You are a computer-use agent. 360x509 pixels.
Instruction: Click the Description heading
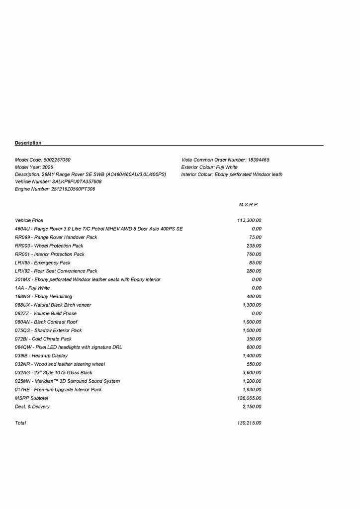(x=28, y=143)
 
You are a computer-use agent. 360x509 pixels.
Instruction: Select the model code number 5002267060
(x=57, y=160)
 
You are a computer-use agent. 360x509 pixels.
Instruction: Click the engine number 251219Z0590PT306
(x=73, y=189)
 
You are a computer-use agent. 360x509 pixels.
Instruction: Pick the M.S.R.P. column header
(x=249, y=205)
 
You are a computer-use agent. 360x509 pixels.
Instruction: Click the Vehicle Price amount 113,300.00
(x=249, y=220)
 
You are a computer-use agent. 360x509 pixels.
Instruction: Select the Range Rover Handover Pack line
(x=56, y=238)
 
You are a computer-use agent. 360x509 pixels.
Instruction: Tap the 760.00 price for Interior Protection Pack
(x=254, y=254)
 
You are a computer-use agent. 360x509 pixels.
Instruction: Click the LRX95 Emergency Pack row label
(x=43, y=263)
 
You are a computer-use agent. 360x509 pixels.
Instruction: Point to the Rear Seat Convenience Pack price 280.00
(x=254, y=271)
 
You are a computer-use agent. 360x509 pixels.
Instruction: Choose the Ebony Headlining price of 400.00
(x=254, y=297)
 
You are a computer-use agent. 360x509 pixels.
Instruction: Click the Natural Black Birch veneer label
(x=53, y=305)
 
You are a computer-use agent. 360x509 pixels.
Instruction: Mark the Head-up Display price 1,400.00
(x=252, y=356)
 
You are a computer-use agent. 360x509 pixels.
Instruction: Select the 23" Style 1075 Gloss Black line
(x=54, y=373)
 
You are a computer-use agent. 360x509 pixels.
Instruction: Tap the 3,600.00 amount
(x=252, y=373)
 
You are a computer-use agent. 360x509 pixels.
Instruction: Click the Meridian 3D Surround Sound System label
(x=67, y=381)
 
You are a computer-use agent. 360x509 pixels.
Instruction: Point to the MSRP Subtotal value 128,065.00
(x=249, y=398)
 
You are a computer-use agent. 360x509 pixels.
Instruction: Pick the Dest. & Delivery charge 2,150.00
(x=252, y=407)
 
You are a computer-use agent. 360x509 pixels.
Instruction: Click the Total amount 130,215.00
(x=249, y=423)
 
